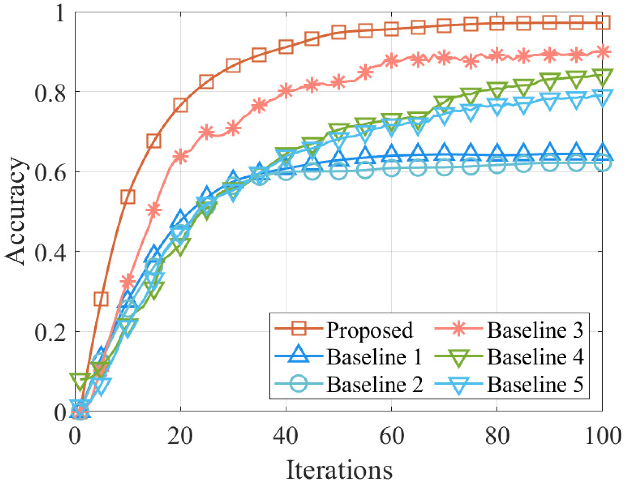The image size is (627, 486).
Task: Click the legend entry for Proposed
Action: [x=369, y=330]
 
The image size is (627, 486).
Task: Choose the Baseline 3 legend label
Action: [x=535, y=330]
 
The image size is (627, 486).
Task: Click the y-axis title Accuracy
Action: [x=16, y=211]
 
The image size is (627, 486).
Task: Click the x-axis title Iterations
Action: [x=339, y=470]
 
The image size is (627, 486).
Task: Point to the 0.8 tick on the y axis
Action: [x=50, y=93]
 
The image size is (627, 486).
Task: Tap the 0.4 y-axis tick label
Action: [x=50, y=252]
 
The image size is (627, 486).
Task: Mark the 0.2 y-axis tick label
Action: [x=50, y=332]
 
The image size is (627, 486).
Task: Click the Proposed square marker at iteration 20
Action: [x=180, y=105]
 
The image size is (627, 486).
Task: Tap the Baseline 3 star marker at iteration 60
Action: [x=391, y=61]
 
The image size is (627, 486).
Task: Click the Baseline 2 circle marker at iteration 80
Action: [x=497, y=166]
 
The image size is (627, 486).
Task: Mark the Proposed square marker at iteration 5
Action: [x=101, y=299]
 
